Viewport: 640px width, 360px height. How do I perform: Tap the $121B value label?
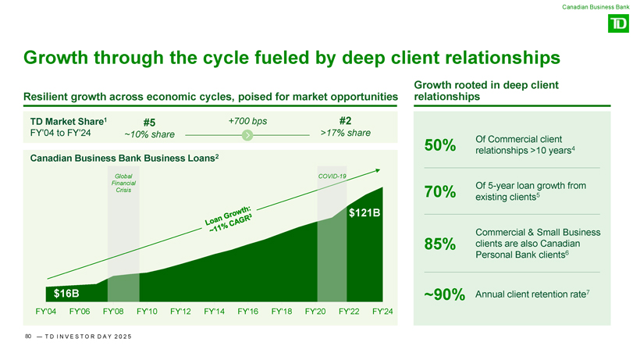pyautogui.click(x=364, y=212)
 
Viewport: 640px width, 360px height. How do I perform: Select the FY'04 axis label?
pyautogui.click(x=46, y=313)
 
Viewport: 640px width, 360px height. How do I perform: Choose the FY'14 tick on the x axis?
pyautogui.click(x=214, y=313)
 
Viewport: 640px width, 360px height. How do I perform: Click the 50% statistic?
pyautogui.click(x=439, y=145)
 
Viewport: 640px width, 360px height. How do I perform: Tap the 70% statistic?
pyautogui.click(x=439, y=192)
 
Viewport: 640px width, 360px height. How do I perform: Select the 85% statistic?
pyautogui.click(x=439, y=244)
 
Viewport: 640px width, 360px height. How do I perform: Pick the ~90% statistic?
pyautogui.click(x=444, y=295)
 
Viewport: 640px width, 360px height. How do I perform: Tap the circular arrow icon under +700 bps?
pyautogui.click(x=247, y=135)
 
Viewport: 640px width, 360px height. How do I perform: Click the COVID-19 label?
pyautogui.click(x=332, y=176)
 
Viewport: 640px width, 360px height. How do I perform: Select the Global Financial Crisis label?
pyautogui.click(x=123, y=184)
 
